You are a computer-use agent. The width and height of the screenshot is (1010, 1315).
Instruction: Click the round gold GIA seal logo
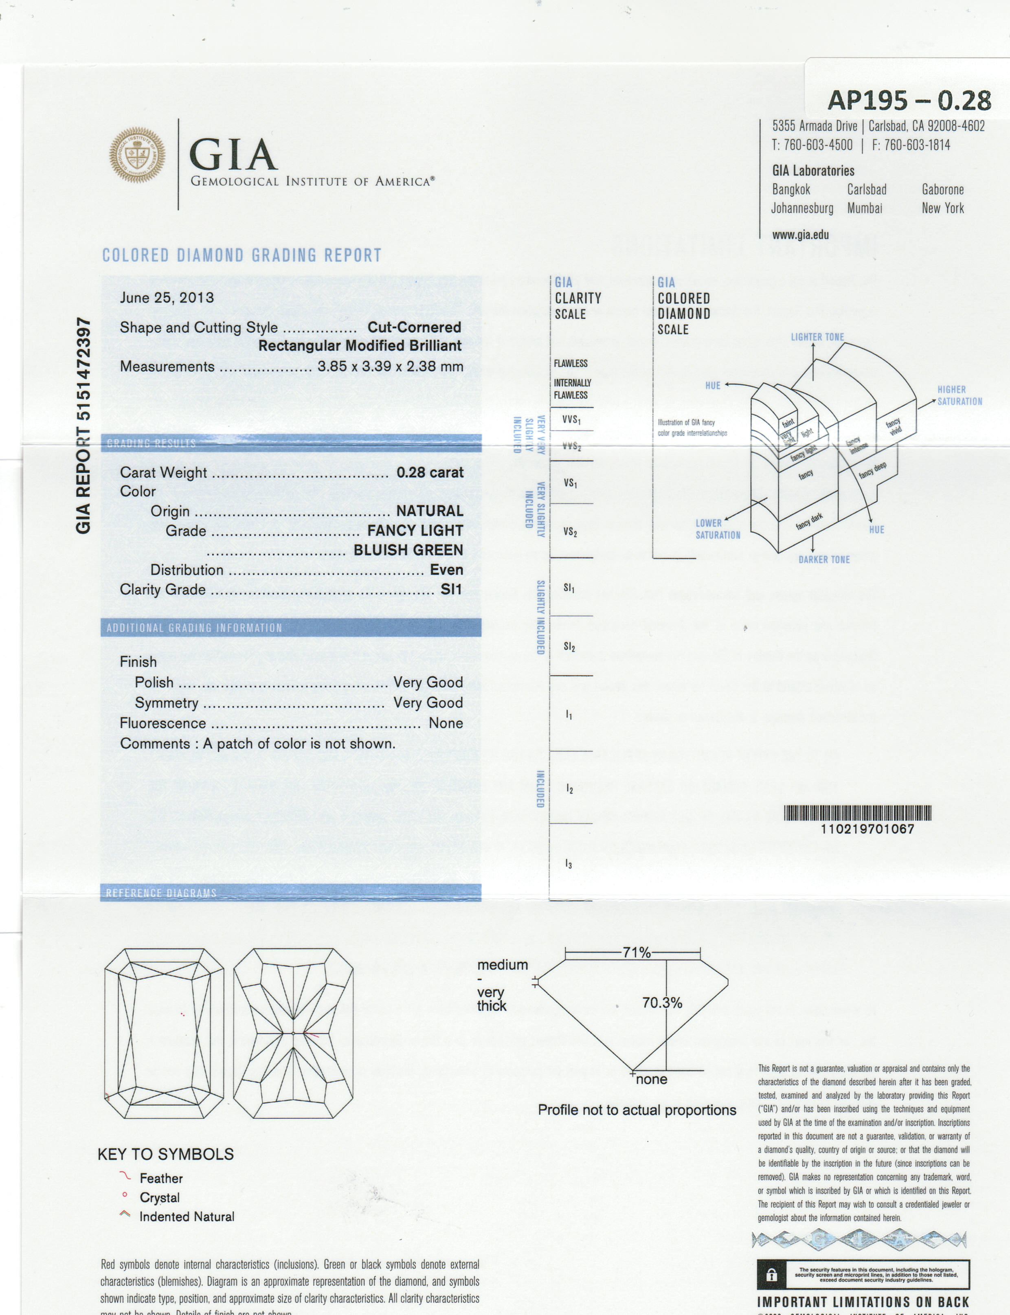coord(137,155)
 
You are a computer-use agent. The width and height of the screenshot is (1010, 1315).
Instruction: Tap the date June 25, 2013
coord(167,298)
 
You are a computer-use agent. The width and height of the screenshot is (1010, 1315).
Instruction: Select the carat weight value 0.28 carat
coord(429,472)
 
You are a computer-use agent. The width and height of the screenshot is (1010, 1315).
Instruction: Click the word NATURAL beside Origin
coord(429,511)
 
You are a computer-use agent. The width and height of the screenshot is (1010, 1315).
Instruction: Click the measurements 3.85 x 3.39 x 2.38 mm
coord(390,367)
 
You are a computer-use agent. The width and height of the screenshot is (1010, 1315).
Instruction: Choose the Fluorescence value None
coord(446,723)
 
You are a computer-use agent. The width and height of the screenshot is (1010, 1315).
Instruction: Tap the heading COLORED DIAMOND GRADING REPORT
coord(242,255)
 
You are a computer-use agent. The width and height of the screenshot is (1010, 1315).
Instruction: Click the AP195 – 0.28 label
coord(909,100)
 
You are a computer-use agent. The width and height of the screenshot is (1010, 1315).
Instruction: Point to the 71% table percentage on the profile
coord(636,952)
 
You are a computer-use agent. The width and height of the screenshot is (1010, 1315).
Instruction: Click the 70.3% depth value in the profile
coord(662,1003)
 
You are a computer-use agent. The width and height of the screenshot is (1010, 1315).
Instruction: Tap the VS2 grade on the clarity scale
coord(570,532)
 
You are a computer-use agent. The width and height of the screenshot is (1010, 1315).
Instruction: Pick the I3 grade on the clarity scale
coord(568,864)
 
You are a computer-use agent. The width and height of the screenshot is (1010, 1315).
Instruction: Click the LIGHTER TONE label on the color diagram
coord(817,337)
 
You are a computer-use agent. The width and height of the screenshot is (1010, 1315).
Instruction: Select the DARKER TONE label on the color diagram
coord(823,560)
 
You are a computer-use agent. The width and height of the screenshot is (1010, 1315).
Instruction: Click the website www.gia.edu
coord(800,235)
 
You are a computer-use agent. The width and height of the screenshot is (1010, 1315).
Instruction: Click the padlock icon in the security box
coord(772,1275)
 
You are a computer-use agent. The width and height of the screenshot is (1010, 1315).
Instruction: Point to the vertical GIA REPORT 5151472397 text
coord(83,426)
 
